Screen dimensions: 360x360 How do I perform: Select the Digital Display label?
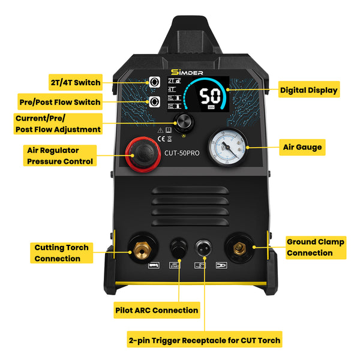pos(309,91)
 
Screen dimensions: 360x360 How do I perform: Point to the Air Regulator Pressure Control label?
pos(60,155)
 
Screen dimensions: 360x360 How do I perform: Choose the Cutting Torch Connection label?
pos(61,253)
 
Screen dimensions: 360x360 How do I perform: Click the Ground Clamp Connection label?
pos(315,247)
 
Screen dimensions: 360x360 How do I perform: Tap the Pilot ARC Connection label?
pos(156,310)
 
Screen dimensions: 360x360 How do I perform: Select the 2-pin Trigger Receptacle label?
pos(204,340)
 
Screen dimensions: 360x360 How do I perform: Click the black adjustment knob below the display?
pos(184,122)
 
